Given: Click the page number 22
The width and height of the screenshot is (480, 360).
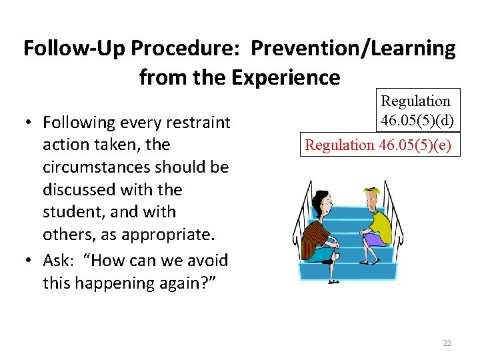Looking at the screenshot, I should pos(447,343).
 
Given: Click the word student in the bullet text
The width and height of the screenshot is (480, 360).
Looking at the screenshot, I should pos(73,212).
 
